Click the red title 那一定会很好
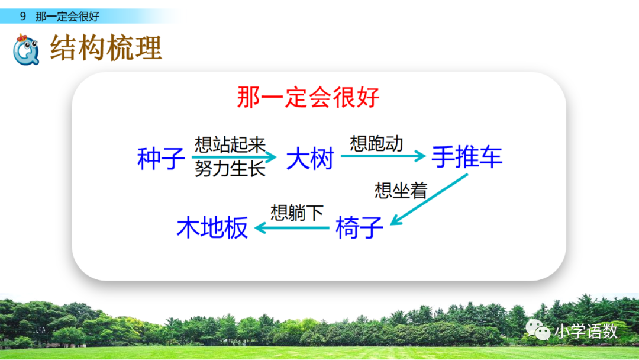(x=308, y=98)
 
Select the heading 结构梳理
(x=106, y=49)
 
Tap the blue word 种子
(x=161, y=158)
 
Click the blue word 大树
(x=310, y=158)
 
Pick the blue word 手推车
(x=467, y=157)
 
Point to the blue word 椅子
(x=359, y=227)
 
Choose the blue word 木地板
(x=212, y=227)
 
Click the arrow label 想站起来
(x=230, y=144)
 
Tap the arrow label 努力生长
(x=230, y=169)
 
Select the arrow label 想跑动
(x=376, y=143)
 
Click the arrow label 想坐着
(x=401, y=190)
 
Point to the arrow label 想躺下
(x=297, y=213)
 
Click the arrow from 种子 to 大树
(x=234, y=157)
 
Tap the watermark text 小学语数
(x=586, y=331)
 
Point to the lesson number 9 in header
(x=23, y=17)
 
